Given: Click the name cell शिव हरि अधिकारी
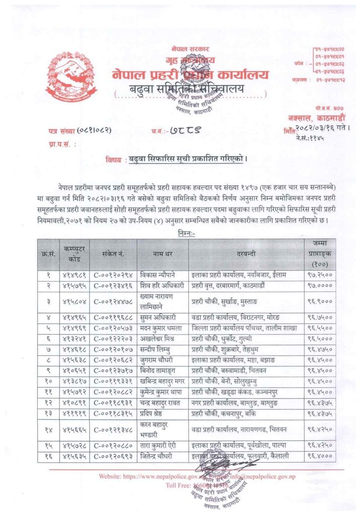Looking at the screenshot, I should point(162,285).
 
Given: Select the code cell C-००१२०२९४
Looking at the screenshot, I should point(111,276).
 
